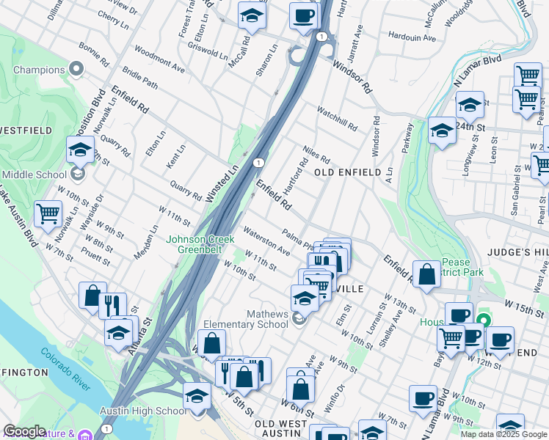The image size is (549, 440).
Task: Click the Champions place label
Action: pyautogui.click(x=39, y=70)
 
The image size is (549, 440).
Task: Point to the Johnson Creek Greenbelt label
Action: pyautogui.click(x=200, y=244)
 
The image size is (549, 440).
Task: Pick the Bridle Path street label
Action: pyautogui.click(x=140, y=78)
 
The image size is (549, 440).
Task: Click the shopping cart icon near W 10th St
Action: pyautogui.click(x=48, y=213)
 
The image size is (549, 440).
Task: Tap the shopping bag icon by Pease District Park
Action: pyautogui.click(x=426, y=275)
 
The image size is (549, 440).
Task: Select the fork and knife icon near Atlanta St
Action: pyautogui.click(x=112, y=305)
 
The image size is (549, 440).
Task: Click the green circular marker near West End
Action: pyautogui.click(x=484, y=320)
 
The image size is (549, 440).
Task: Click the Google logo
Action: pyautogui.click(x=23, y=431)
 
